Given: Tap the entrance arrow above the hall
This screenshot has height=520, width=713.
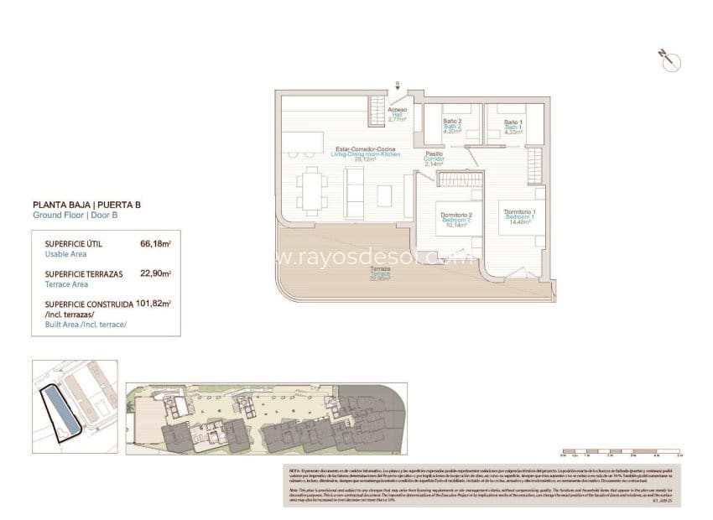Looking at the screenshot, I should coord(398,84).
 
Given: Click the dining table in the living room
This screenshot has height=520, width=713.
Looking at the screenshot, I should coord(312,189).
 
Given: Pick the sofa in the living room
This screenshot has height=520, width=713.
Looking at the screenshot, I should coord(356,190).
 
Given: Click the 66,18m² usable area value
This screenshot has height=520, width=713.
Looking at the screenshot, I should coord(156,244).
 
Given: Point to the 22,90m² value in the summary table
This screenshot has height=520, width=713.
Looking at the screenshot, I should coord(156,273).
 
